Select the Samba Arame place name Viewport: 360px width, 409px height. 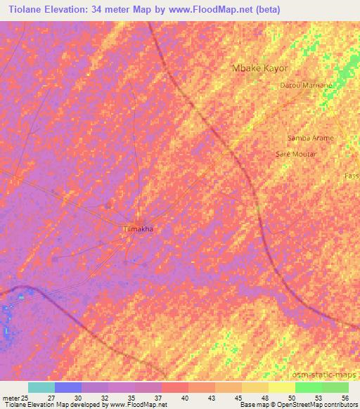pos(311,138)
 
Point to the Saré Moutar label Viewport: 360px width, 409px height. pos(296,153)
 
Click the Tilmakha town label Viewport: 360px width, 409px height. pos(139,229)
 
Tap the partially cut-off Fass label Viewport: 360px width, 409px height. pos(352,175)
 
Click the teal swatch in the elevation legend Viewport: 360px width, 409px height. pos(41,387)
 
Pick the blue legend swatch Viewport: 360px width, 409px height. pos(68,387)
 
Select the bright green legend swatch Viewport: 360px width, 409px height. pos(308,387)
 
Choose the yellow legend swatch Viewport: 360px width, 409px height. pos(281,387)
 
